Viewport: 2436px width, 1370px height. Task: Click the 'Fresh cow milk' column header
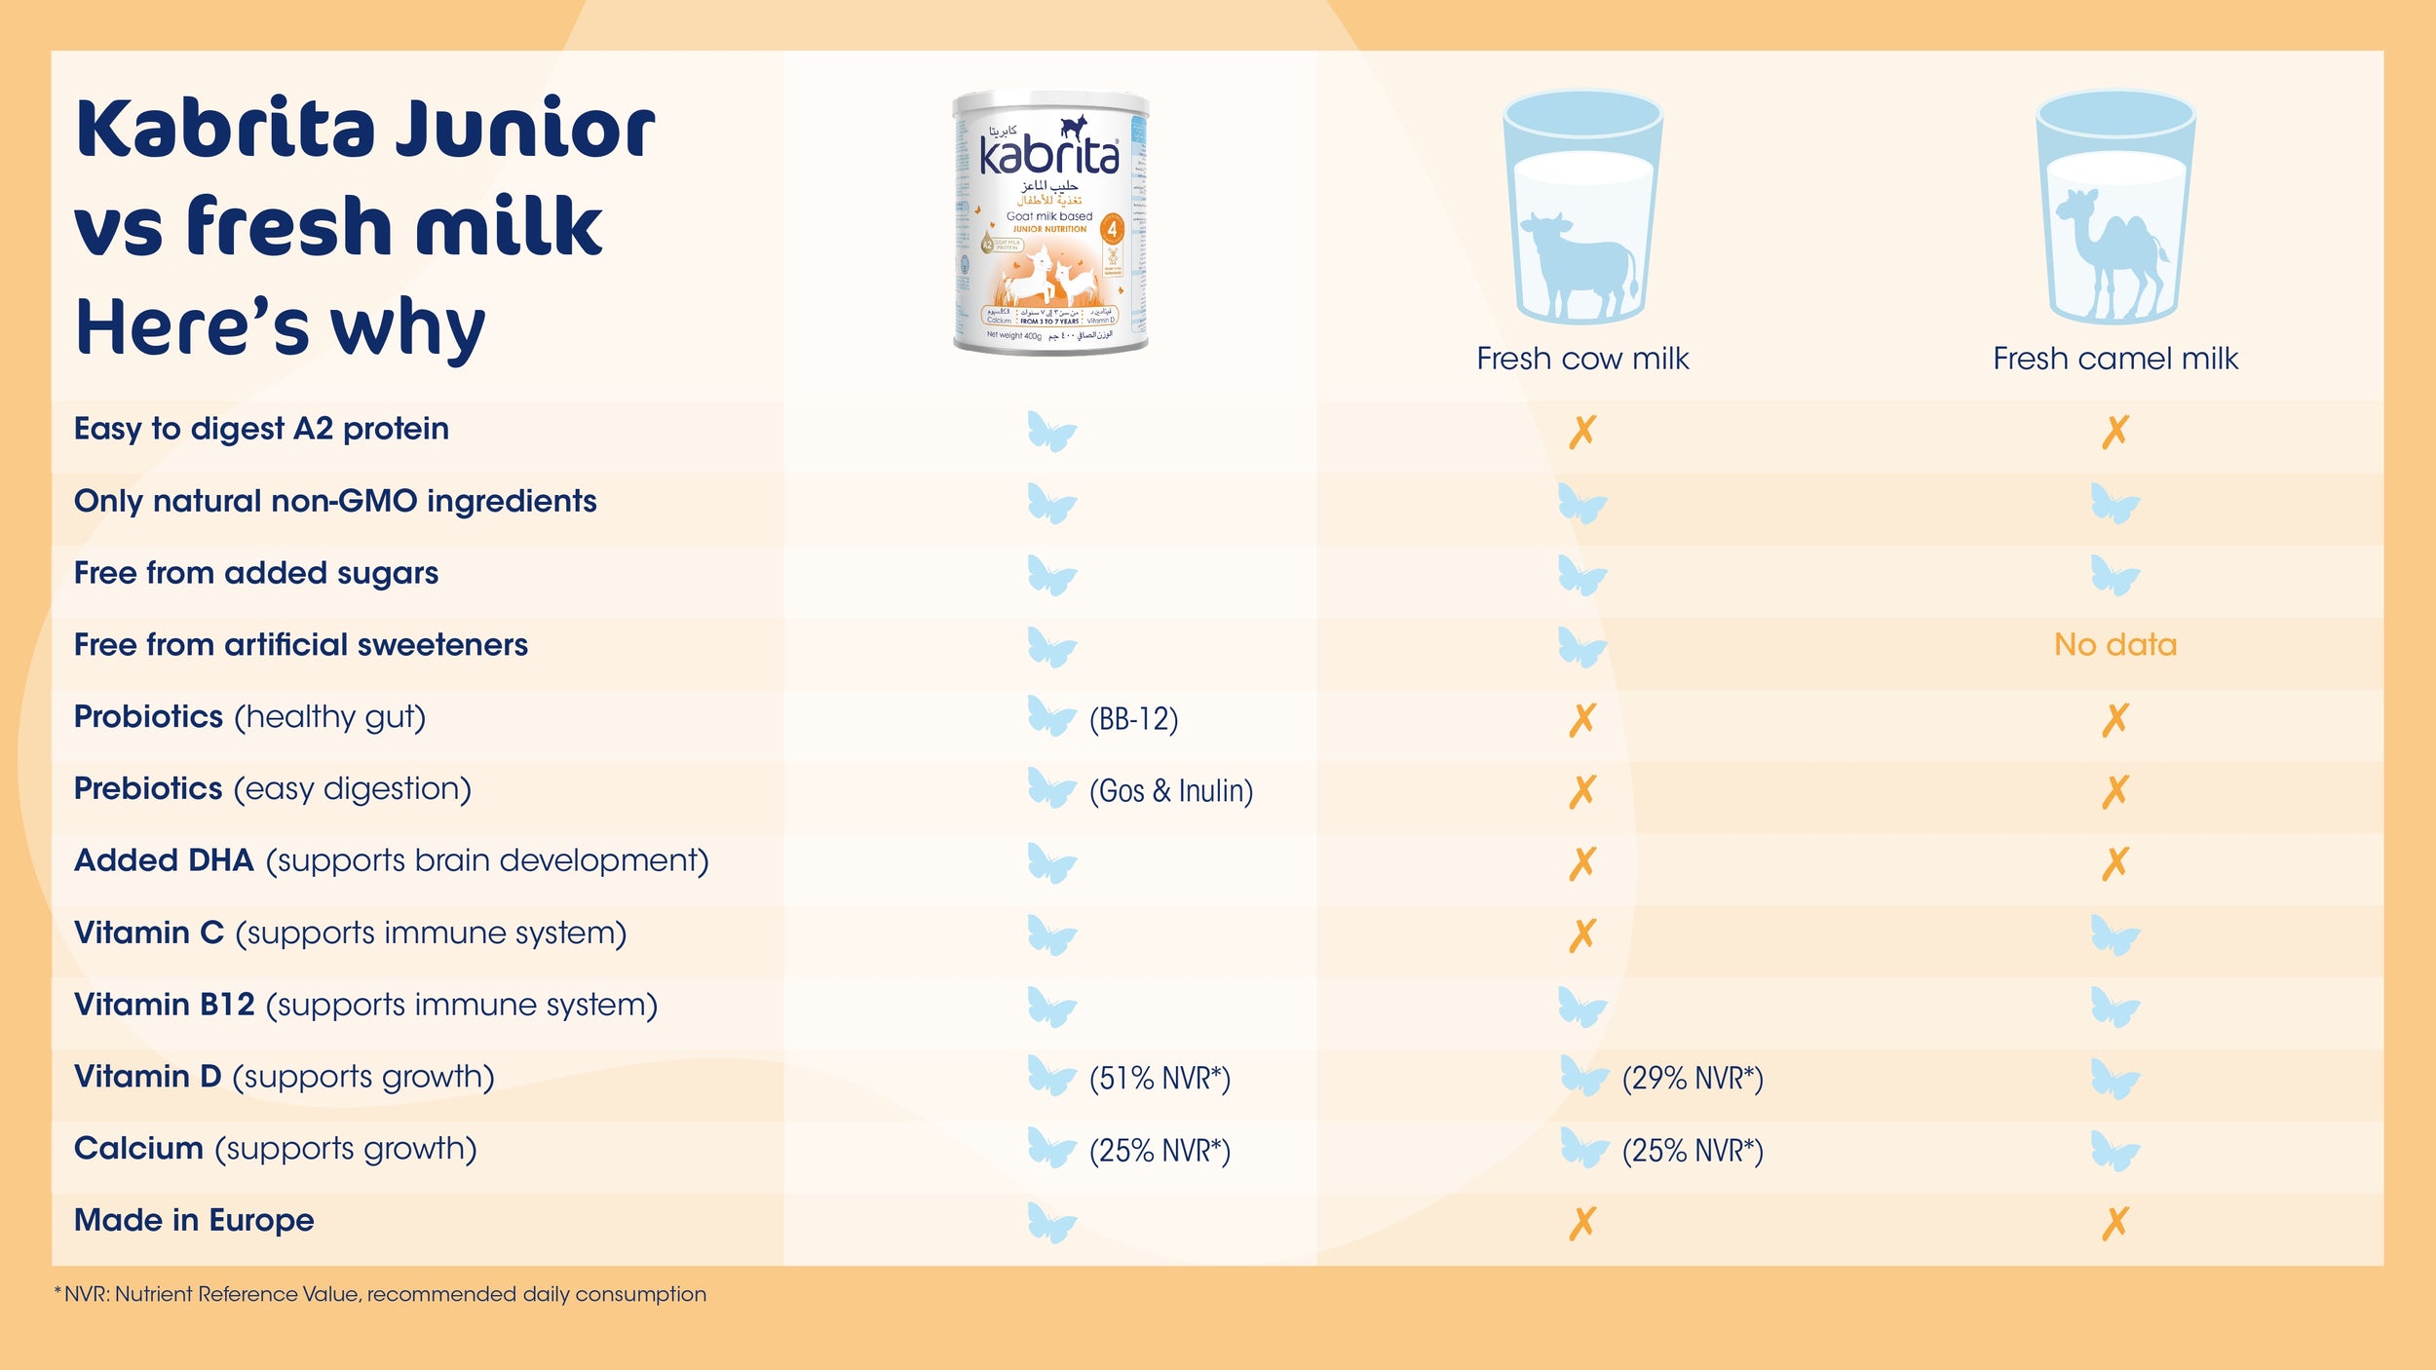point(1582,359)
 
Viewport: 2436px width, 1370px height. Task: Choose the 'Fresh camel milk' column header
point(2114,359)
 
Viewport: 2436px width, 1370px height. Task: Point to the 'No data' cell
point(2114,644)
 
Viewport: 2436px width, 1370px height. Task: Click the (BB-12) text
point(1133,719)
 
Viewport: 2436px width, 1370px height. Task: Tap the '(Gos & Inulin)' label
point(1170,790)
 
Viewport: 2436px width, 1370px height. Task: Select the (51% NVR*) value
point(1160,1079)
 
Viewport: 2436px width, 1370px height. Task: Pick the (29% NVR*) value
point(1693,1079)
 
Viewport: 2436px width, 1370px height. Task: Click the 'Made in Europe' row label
point(194,1220)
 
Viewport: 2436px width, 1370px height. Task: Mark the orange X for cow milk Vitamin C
point(1582,934)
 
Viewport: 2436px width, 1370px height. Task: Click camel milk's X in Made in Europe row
point(2114,1223)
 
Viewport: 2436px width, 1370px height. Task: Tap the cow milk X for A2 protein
point(1582,431)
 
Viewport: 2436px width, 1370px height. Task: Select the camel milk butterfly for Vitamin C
point(2114,935)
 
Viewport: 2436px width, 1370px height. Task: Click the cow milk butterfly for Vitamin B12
point(1581,1008)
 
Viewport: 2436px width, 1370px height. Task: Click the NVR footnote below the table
point(380,1294)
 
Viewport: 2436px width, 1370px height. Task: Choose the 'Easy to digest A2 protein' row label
point(261,429)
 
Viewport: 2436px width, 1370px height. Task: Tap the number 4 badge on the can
point(1112,230)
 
